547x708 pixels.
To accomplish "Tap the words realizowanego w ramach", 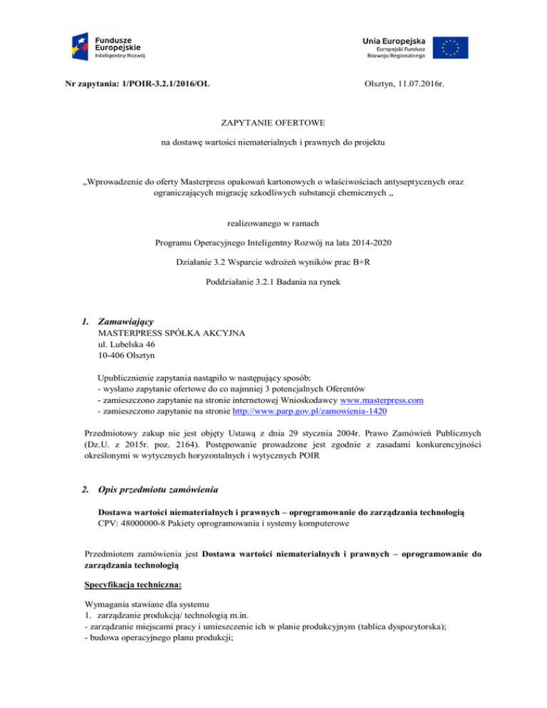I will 273,222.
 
